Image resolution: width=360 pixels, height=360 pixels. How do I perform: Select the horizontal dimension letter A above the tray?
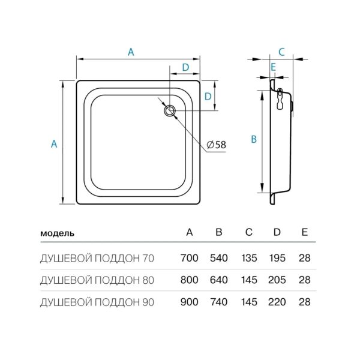[x=131, y=52]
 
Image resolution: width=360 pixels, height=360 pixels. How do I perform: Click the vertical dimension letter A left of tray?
[x=54, y=143]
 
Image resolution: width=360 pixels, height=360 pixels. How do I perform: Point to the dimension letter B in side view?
[x=254, y=139]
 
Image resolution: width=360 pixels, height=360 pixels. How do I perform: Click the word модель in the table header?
[x=57, y=233]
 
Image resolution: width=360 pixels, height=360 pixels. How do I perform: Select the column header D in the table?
[x=277, y=232]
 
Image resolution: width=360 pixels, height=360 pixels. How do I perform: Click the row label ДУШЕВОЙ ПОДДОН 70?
[x=97, y=259]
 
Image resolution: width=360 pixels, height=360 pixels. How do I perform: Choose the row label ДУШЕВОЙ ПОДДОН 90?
[x=97, y=302]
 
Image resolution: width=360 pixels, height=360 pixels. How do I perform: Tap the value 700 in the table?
[x=189, y=259]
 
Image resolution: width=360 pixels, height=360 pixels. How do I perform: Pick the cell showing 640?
[x=218, y=280]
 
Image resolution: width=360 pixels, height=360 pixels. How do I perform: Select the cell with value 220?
[x=277, y=302]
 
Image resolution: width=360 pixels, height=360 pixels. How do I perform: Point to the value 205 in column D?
[x=277, y=280]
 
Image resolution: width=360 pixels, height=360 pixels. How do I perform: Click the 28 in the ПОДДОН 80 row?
[x=304, y=280]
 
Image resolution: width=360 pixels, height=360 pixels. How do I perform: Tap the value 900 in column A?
[x=189, y=302]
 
